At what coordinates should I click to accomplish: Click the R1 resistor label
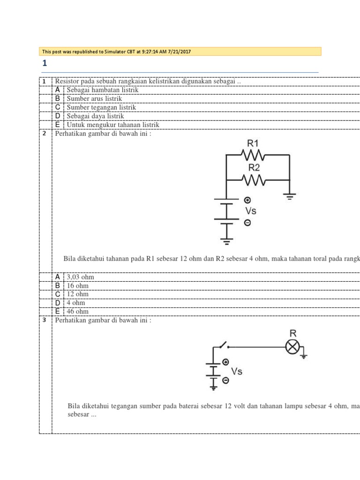point(253,143)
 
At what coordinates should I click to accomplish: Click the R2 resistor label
point(254,167)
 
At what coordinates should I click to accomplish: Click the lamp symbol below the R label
point(292,347)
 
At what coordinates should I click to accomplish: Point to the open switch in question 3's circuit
point(223,345)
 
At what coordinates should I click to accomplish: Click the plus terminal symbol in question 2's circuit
point(247,200)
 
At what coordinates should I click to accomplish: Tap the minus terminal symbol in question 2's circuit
point(247,223)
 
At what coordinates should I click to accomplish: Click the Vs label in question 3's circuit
point(237,371)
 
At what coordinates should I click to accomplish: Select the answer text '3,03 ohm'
point(81,277)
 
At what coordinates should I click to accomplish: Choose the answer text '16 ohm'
point(78,285)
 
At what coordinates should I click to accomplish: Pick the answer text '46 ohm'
point(78,311)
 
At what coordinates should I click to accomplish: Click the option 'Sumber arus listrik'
point(94,98)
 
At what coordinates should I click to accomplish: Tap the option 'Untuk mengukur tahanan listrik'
point(113,125)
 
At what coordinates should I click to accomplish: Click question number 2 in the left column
point(44,133)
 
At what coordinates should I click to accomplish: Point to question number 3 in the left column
point(44,320)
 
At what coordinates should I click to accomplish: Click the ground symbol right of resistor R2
point(290,196)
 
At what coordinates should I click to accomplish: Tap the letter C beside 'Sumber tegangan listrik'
point(57,107)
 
